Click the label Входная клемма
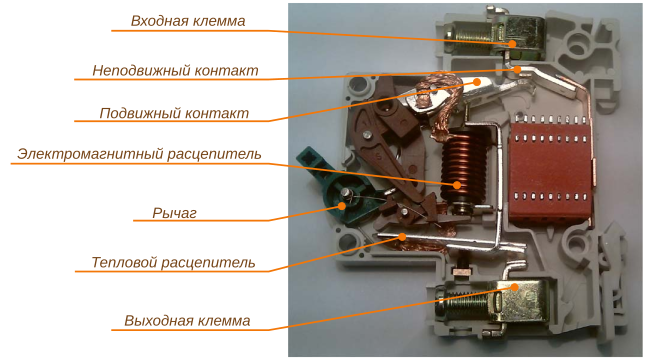click(188, 21)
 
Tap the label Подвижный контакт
click(173, 113)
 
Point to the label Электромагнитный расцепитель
click(139, 154)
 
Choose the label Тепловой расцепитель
click(166, 263)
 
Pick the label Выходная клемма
click(187, 321)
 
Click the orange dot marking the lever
click(343, 205)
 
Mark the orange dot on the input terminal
click(512, 43)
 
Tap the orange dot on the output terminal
click(515, 287)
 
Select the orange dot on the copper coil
click(458, 185)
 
